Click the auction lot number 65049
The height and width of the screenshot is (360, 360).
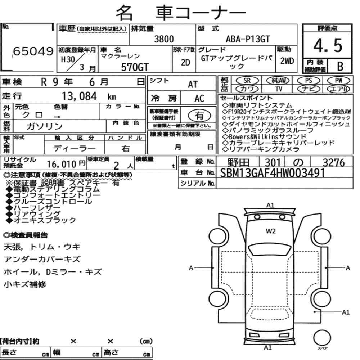33,51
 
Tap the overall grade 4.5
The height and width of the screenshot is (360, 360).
328,45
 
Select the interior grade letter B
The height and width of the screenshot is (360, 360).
340,66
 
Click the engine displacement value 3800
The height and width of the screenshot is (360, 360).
164,39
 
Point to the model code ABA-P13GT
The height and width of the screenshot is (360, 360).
248,39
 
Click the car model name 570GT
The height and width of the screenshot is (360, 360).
135,67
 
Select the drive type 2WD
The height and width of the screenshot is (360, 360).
287,61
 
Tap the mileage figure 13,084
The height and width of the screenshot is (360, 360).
79,96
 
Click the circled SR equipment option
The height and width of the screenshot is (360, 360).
247,80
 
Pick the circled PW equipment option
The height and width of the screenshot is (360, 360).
338,80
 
